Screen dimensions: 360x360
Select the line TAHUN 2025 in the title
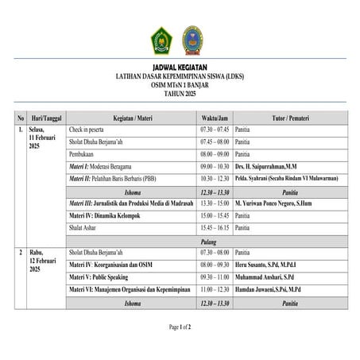point(180,93)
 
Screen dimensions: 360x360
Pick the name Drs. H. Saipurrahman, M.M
point(266,166)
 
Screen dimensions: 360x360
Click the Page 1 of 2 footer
point(180,327)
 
